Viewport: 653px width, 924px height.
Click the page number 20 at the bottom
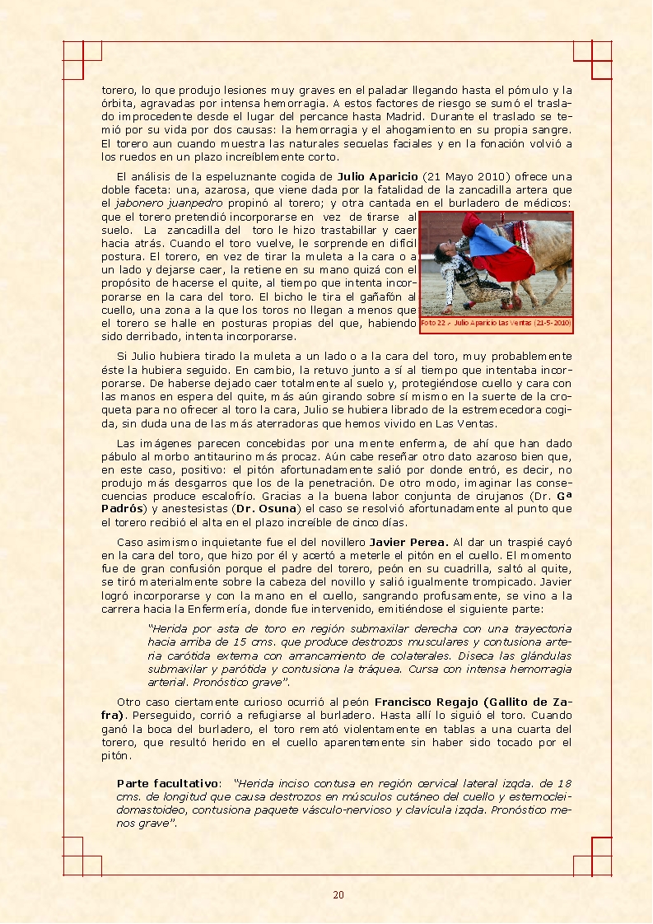coord(338,895)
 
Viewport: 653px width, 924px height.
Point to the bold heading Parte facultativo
coord(168,783)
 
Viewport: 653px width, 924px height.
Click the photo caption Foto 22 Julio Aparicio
coord(496,324)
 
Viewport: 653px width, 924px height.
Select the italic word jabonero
coord(124,203)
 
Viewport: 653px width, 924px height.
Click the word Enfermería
coord(234,609)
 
